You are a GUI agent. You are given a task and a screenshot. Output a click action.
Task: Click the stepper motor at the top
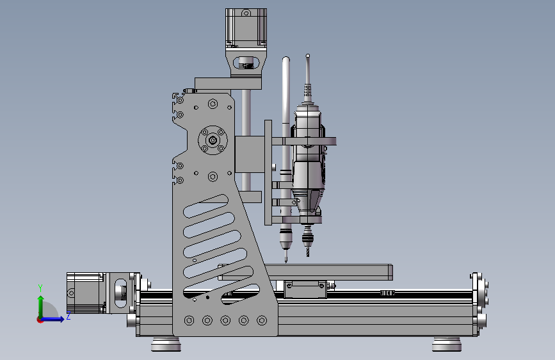coord(246,28)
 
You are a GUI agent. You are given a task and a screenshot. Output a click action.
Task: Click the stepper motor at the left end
coord(86,293)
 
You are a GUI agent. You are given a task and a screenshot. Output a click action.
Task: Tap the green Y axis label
coord(40,288)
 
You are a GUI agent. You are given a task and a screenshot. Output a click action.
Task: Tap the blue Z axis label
coord(68,316)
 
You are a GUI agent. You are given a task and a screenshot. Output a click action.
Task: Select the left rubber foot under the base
coord(166,344)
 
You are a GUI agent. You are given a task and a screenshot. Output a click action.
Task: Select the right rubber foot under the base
coord(447,344)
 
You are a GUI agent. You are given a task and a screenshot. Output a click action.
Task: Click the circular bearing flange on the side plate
coord(213,140)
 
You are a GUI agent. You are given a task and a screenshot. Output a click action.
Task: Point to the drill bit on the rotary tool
coord(308,251)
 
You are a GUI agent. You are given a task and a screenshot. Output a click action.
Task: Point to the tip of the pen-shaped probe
coord(286,261)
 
